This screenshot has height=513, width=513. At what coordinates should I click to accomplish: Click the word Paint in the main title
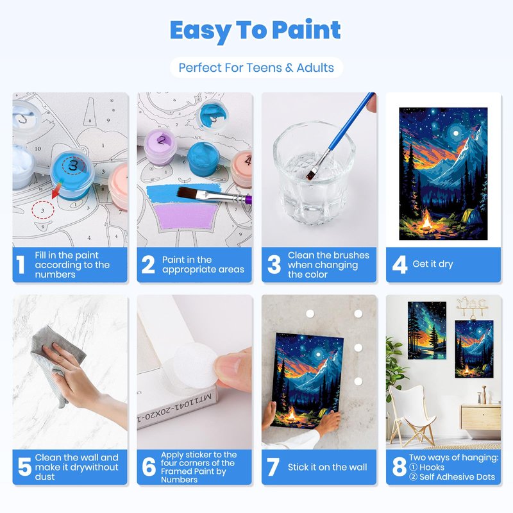point(306,30)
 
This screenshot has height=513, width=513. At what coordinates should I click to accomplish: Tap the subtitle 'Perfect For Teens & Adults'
point(256,68)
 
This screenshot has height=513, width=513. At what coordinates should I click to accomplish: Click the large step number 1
point(21,264)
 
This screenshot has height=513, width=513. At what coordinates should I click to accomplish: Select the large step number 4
point(399,264)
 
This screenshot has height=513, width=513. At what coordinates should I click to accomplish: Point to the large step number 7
point(273,467)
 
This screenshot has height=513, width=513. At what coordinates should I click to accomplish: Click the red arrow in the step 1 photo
point(56,190)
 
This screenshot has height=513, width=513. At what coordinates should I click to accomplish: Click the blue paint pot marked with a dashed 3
point(72,173)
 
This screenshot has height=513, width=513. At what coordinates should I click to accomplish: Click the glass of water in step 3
point(314,172)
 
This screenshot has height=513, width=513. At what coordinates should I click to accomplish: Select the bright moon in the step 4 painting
point(456,133)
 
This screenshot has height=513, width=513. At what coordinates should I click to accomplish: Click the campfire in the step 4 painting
point(426,220)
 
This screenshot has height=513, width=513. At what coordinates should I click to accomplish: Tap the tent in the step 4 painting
point(471,216)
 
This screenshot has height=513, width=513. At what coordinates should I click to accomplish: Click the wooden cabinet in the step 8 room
point(481,417)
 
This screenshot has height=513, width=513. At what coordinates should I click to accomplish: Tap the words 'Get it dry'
point(433,264)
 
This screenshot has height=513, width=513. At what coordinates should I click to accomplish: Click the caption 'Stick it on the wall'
point(327,467)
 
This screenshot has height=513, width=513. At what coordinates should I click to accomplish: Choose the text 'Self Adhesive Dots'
point(457,476)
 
